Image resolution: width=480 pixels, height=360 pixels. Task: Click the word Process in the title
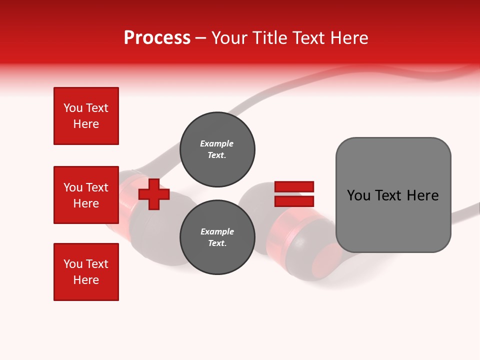pyautogui.click(x=157, y=38)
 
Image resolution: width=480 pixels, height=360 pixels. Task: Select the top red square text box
pyautogui.click(x=86, y=116)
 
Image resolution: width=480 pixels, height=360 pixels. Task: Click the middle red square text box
pyautogui.click(x=86, y=195)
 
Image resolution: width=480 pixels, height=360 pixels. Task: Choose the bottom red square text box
pyautogui.click(x=86, y=272)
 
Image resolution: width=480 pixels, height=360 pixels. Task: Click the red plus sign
pyautogui.click(x=154, y=194)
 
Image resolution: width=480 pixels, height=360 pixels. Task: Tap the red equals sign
pyautogui.click(x=294, y=194)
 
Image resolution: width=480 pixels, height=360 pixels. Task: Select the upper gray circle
pyautogui.click(x=217, y=149)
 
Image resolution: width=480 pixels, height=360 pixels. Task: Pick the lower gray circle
pyautogui.click(x=217, y=237)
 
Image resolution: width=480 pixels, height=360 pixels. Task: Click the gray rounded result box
pyautogui.click(x=393, y=195)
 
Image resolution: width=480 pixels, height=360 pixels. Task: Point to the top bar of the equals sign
pyautogui.click(x=294, y=186)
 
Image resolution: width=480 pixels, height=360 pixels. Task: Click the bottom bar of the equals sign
pyautogui.click(x=294, y=201)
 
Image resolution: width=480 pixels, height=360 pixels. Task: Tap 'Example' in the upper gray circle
pyautogui.click(x=216, y=144)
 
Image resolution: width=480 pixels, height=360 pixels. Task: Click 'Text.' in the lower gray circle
pyautogui.click(x=216, y=243)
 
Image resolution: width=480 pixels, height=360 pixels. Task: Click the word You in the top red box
pyautogui.click(x=72, y=108)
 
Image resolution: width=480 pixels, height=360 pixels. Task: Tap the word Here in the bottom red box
pyautogui.click(x=86, y=280)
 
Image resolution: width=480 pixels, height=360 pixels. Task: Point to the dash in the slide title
pyautogui.click(x=200, y=38)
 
